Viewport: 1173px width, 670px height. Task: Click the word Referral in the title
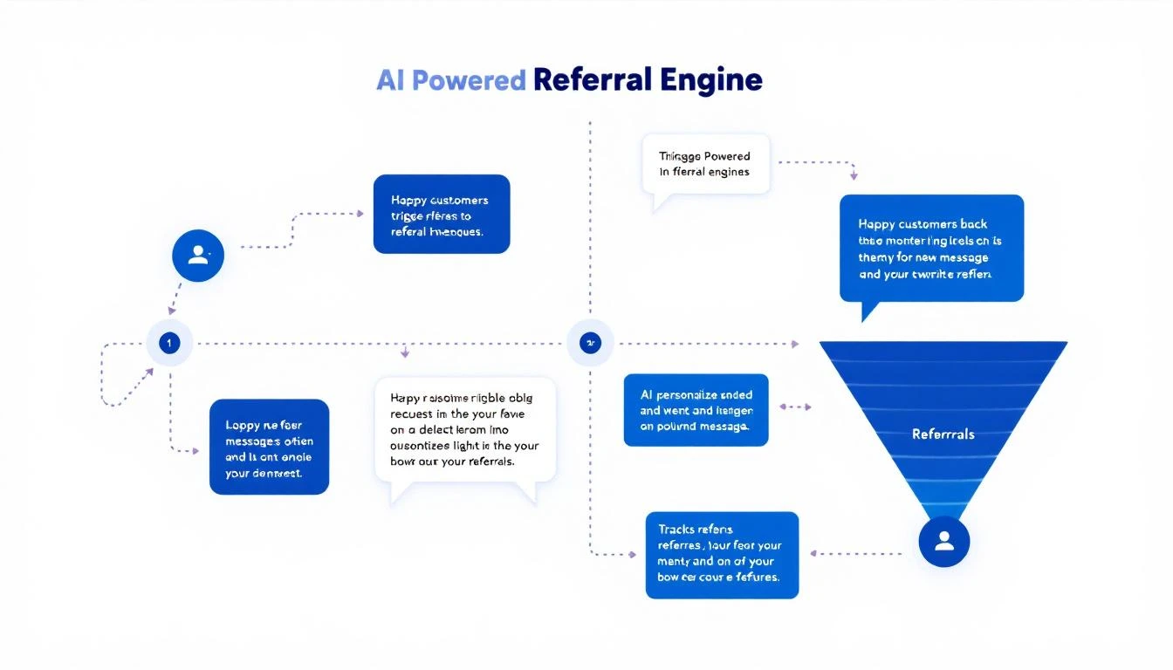pos(592,80)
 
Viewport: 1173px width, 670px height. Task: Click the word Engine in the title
pos(711,80)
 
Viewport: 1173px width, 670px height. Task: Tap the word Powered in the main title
pos(468,80)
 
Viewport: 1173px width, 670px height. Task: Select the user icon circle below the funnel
pos(944,542)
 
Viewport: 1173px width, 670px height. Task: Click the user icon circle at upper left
pos(198,255)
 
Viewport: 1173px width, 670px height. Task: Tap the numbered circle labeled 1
pos(168,343)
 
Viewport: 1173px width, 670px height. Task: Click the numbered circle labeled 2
pos(590,343)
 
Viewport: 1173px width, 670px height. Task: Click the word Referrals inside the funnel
pos(943,434)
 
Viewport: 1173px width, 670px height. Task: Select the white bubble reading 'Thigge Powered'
pos(705,164)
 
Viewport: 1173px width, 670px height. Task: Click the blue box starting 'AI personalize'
pos(696,410)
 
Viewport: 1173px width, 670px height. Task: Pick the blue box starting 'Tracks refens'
pos(721,555)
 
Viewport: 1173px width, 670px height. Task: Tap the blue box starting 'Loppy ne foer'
pos(269,447)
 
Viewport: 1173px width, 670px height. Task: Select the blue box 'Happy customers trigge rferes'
pos(441,215)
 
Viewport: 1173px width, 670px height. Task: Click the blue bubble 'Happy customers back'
pos(930,249)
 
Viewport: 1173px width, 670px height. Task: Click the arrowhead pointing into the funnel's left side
pos(794,344)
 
